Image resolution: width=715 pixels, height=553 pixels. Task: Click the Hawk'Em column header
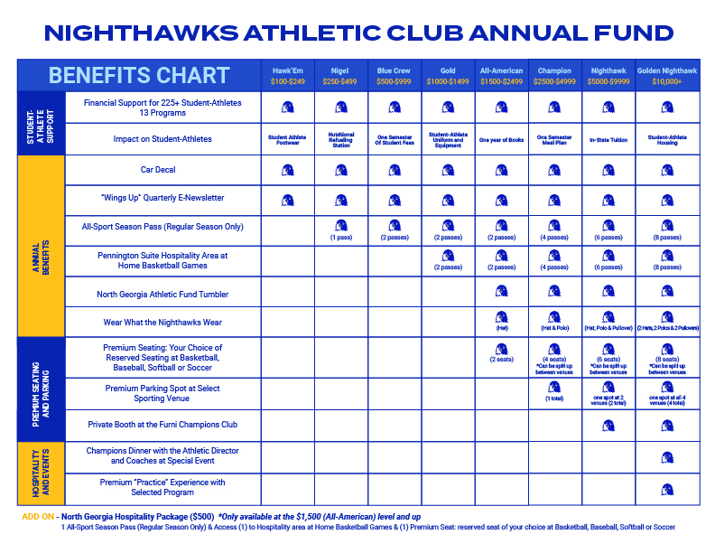tap(287, 75)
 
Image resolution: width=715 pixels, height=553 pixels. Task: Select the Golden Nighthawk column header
tap(666, 75)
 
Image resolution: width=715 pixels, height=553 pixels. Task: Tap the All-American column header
tap(501, 75)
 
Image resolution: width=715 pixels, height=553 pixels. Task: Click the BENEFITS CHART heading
tap(139, 75)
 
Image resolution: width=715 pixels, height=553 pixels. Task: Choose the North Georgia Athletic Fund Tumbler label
tap(162, 294)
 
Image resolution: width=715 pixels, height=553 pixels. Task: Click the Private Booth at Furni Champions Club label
tap(162, 425)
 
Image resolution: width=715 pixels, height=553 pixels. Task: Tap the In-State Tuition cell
tap(607, 139)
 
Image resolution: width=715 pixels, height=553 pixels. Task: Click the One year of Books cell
tap(501, 139)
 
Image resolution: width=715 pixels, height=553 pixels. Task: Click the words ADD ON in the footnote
tap(36, 516)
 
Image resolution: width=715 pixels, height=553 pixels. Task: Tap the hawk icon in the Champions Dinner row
tap(666, 457)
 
